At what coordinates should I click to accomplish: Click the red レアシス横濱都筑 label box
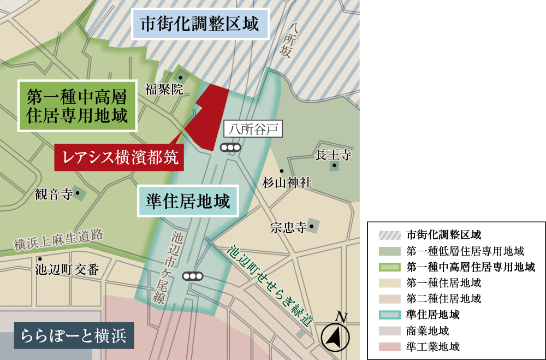119,157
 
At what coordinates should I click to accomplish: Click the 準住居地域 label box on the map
188,201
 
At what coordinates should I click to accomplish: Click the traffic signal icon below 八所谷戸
230,147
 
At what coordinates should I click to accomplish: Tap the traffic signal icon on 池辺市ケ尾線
193,276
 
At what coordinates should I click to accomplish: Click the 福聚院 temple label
164,90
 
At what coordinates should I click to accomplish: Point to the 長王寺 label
333,155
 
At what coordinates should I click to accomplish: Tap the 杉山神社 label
287,182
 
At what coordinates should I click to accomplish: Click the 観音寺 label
54,193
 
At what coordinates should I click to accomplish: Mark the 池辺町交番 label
67,269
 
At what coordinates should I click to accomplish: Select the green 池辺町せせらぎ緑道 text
270,284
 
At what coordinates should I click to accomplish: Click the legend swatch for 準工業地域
389,346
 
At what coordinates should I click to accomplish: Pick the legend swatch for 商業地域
389,331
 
